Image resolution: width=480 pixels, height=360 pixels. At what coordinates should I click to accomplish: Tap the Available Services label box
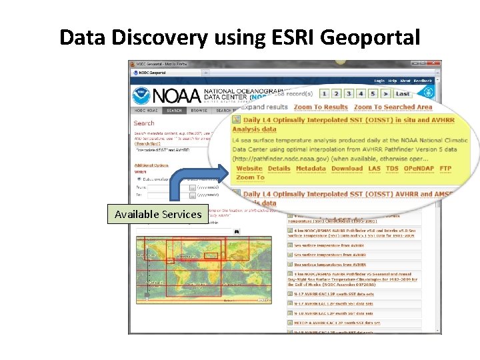coord(157,214)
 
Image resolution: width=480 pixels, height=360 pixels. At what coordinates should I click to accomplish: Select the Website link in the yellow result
coord(249,169)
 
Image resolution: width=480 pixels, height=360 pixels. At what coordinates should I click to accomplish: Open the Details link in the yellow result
coord(279,169)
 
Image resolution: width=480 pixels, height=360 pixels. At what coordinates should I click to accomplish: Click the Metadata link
coord(311,169)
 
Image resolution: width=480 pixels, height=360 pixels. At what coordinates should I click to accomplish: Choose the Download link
coord(347,169)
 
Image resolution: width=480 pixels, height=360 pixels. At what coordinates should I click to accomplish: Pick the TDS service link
coord(392,169)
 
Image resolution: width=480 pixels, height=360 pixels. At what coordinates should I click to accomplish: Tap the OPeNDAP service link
coord(419,169)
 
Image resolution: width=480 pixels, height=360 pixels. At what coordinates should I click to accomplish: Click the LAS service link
coord(375,169)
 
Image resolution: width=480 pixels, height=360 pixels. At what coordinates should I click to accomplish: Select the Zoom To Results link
coord(321,107)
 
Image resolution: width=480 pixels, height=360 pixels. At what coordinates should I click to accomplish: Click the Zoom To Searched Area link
coord(393,107)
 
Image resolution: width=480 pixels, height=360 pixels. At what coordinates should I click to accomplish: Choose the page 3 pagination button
coord(348,94)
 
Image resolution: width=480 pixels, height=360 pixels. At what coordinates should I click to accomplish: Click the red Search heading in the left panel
coord(143,123)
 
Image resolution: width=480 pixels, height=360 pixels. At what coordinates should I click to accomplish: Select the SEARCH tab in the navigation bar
coord(175,111)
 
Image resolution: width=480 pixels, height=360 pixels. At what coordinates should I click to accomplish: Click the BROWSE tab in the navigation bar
coord(199,111)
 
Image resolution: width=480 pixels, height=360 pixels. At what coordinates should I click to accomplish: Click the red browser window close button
coord(435,63)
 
